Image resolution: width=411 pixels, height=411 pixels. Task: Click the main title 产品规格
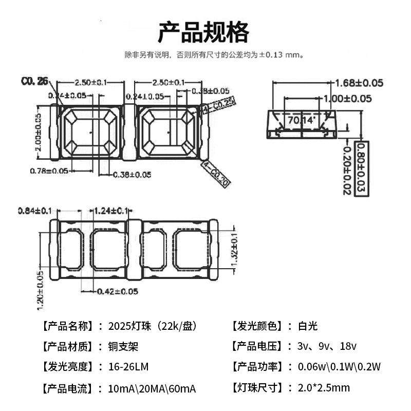pyautogui.click(x=203, y=32)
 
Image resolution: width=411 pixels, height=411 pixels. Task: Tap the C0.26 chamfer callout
pyautogui.click(x=34, y=81)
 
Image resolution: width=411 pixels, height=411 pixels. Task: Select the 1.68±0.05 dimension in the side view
pyautogui.click(x=359, y=83)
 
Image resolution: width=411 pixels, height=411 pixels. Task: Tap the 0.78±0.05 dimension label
pyautogui.click(x=50, y=170)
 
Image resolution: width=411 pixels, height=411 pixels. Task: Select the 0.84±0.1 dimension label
pyautogui.click(x=34, y=211)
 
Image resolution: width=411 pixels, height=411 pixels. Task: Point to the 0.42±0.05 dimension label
pyautogui.click(x=118, y=291)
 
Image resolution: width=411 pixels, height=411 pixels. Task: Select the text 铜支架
pyautogui.click(x=124, y=346)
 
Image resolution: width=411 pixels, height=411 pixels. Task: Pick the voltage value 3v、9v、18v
pyautogui.click(x=327, y=346)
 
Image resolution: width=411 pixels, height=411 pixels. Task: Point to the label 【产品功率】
pyautogui.click(x=257, y=366)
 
